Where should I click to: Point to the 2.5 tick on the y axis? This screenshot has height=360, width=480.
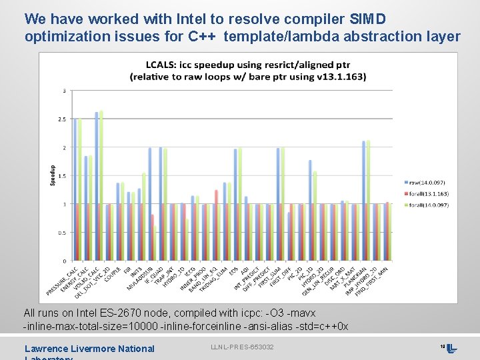point(62,119)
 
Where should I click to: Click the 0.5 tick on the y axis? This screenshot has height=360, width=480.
point(62,233)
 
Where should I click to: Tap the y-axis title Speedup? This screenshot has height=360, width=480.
point(53,175)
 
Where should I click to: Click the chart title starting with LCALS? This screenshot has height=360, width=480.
point(247,71)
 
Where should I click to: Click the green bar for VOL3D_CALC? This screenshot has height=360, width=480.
point(101,186)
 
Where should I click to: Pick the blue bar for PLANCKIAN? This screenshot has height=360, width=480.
point(364,201)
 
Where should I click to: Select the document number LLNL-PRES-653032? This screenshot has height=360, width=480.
point(242,347)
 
